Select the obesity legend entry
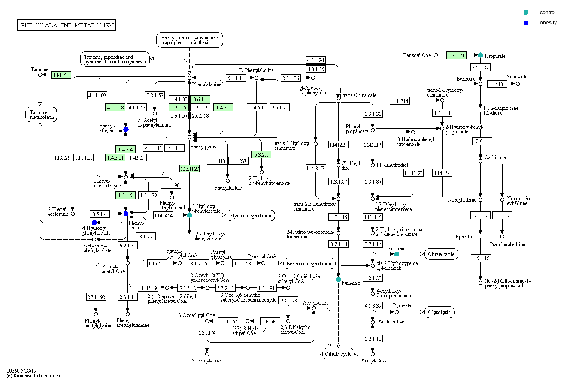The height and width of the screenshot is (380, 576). point(548,23)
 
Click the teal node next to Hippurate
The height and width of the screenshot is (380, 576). point(481,55)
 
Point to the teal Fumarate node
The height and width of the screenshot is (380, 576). point(338,279)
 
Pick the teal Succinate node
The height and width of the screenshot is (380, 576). point(397,254)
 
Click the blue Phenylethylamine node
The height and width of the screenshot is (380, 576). point(126,129)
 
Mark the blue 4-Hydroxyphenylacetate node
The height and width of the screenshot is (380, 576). point(94,222)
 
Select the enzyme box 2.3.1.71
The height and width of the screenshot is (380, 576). point(456,55)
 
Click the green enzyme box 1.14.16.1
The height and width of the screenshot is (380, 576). point(61,75)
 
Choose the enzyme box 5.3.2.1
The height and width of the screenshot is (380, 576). point(261,154)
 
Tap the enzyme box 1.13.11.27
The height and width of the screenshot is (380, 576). point(189,169)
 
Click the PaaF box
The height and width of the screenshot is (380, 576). point(270,321)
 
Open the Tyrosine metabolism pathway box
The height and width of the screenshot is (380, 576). point(41,114)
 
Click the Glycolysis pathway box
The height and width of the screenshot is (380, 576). point(439,312)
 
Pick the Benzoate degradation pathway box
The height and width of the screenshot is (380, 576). point(309,263)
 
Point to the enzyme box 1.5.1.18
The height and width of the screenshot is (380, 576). point(480,258)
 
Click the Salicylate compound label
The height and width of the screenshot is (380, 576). point(517,77)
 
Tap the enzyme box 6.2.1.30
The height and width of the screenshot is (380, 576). point(127,245)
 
